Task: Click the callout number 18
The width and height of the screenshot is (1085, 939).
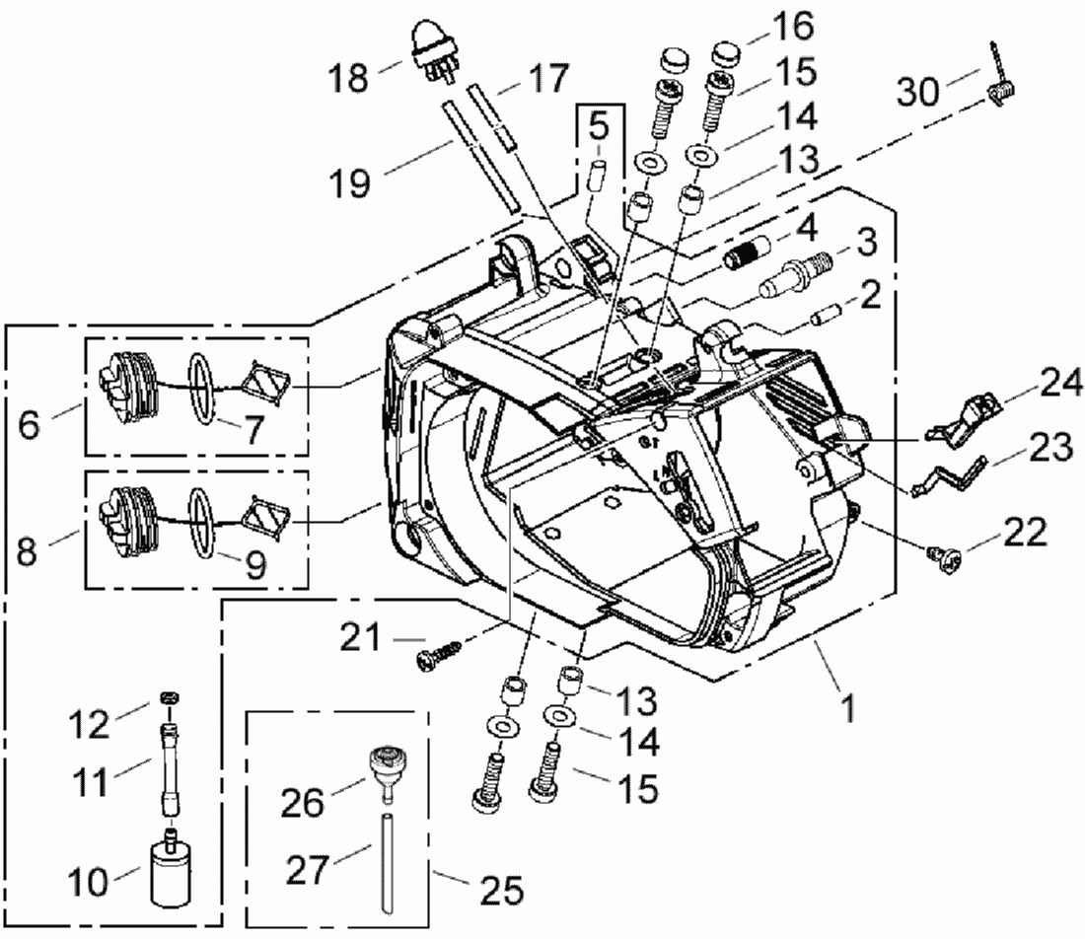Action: pos(348,77)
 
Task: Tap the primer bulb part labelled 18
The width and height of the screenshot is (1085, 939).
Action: pos(434,50)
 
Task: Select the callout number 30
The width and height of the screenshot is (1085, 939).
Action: pos(918,91)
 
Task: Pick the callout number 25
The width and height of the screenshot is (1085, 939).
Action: pos(502,889)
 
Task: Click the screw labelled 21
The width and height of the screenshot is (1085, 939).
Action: pos(439,654)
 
